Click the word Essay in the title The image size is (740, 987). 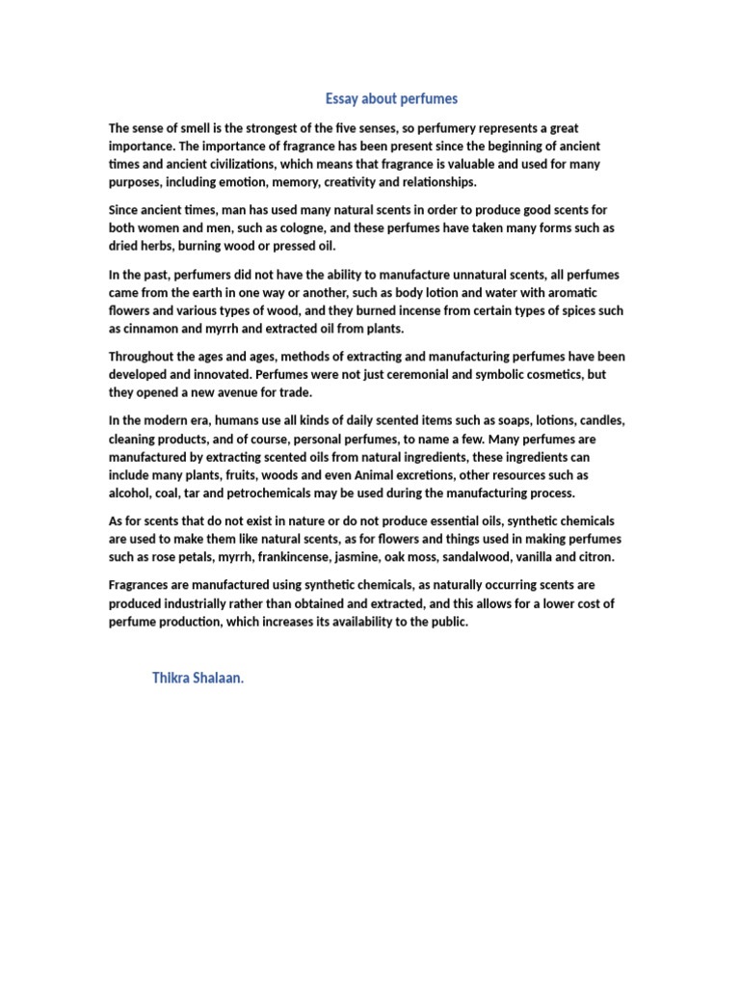point(341,98)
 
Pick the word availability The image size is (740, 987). point(355,622)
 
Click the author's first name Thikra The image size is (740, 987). point(170,678)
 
